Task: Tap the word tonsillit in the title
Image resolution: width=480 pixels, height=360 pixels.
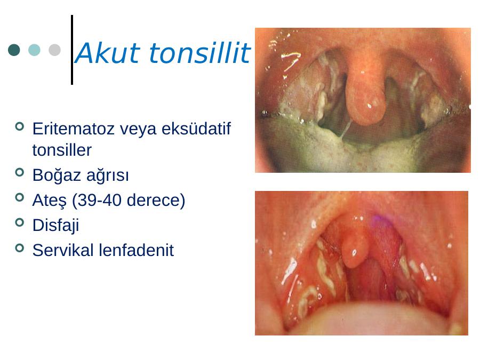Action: pos(200,53)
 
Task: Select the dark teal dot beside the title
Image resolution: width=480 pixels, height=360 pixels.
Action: pos(14,50)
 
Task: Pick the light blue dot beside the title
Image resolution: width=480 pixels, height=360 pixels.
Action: pos(34,50)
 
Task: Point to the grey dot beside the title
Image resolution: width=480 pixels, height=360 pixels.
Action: pos(54,50)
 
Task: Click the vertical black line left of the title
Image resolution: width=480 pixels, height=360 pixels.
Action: pos(72,50)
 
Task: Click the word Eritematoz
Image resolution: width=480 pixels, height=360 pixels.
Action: pos(74,129)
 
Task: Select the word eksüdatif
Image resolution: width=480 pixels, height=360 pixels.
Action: pos(196,129)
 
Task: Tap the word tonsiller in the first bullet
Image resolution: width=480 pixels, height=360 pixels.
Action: pos(62,150)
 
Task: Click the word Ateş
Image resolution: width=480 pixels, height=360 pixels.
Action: pos(50,201)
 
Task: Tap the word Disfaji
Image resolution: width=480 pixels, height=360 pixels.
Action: pos(55,226)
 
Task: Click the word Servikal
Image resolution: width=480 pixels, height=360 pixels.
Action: pos(63,250)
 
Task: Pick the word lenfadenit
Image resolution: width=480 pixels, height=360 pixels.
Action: pos(136,250)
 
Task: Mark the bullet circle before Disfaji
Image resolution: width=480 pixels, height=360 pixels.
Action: pos(19,222)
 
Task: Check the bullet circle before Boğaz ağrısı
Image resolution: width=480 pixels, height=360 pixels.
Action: pos(19,172)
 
